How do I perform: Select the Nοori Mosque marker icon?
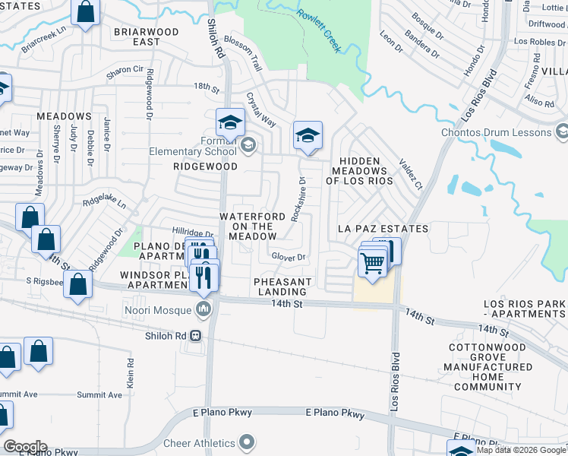[x=204, y=309]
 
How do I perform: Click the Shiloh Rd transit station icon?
[x=196, y=335]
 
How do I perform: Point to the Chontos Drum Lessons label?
[x=496, y=133]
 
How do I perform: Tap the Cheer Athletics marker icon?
[x=246, y=442]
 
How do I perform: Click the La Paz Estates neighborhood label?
[x=383, y=229]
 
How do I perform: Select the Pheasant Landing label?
[x=283, y=287]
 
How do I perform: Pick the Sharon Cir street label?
[x=125, y=69]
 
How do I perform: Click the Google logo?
[x=24, y=447]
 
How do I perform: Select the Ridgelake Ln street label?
[x=104, y=204]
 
